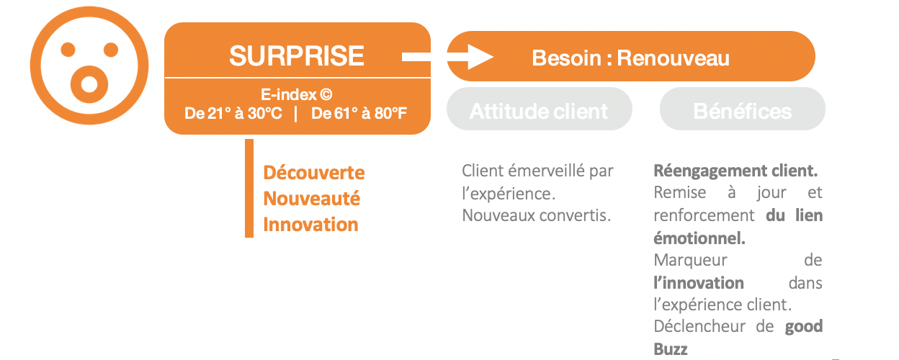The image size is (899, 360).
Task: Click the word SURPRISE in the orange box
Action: (x=297, y=55)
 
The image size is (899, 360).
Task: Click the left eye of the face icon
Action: (x=68, y=50)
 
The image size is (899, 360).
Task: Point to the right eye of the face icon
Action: (x=111, y=50)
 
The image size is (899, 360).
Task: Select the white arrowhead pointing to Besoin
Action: (x=480, y=57)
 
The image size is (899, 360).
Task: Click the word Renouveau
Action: (x=673, y=58)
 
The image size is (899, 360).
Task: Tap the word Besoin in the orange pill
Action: (x=566, y=58)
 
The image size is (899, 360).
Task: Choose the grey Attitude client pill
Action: (x=539, y=109)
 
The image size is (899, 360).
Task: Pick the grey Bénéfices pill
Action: (x=743, y=109)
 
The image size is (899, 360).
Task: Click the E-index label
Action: (x=296, y=95)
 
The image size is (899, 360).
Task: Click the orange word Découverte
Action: (x=314, y=173)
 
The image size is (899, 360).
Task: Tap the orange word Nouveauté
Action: (x=311, y=199)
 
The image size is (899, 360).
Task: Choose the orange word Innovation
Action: (x=310, y=225)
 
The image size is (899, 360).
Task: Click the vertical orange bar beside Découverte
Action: (x=249, y=188)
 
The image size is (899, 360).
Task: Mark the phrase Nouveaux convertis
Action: (x=536, y=215)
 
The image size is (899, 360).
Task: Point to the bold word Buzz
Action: (x=670, y=349)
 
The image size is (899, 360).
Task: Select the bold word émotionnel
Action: (x=699, y=238)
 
